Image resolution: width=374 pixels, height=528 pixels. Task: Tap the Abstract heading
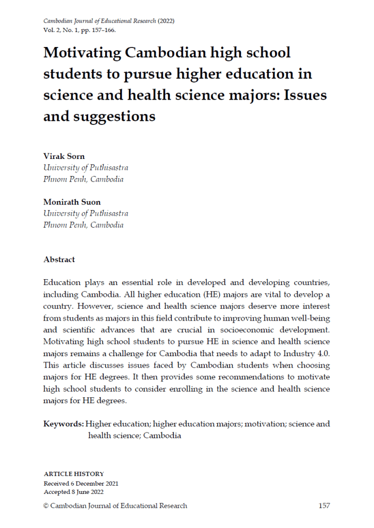tap(59, 260)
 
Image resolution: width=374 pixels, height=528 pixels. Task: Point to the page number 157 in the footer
tap(324, 506)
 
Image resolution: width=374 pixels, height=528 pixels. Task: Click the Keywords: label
tap(63, 424)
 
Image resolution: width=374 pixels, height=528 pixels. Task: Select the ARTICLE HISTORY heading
tap(74, 474)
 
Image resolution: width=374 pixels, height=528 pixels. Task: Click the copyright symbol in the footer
tap(46, 506)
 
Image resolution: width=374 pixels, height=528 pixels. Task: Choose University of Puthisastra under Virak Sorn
tap(86, 168)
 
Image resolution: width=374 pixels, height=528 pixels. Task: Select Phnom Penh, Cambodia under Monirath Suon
tap(84, 225)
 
